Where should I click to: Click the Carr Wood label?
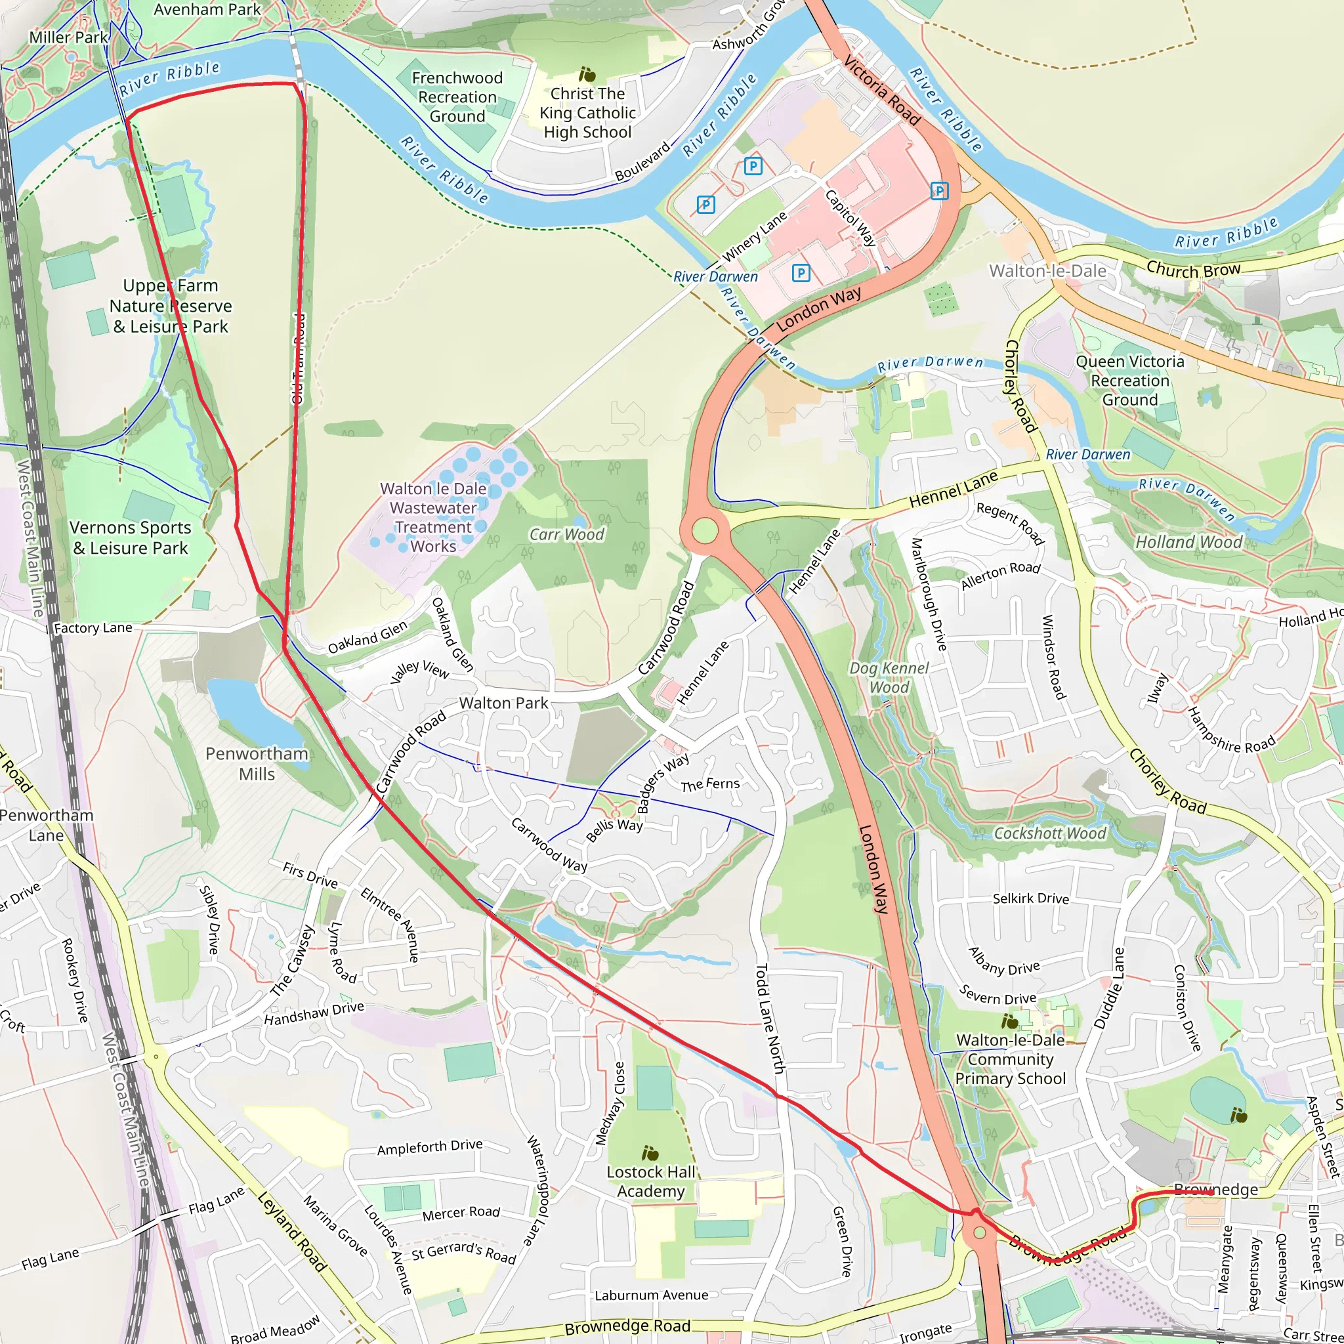point(566,534)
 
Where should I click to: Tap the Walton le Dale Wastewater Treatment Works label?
point(432,518)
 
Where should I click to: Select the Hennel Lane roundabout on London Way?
point(705,531)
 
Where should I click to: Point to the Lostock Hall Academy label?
point(650,1181)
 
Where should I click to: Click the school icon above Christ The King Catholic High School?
point(587,73)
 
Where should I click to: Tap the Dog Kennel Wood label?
point(889,677)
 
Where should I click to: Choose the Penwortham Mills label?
point(257,763)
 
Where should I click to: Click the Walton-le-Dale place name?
point(1047,270)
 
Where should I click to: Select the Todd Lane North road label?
point(770,1018)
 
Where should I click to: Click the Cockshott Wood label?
point(1049,833)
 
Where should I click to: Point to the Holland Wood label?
point(1188,542)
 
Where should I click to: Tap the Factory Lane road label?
point(93,628)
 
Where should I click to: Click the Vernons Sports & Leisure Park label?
point(130,537)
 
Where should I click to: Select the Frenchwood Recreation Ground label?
point(457,96)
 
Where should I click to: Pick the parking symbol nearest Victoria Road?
point(939,190)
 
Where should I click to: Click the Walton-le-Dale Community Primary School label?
point(1009,1059)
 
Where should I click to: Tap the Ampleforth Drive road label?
point(429,1147)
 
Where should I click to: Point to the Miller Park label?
point(68,37)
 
